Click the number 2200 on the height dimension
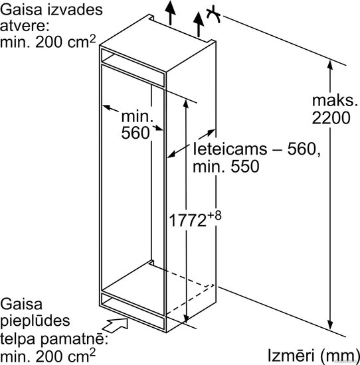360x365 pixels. (x=331, y=117)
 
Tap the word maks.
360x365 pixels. (x=335, y=101)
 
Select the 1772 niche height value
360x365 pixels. (x=187, y=220)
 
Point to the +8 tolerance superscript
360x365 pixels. (x=215, y=216)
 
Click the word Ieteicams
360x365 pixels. (x=230, y=149)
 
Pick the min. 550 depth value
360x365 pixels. (x=226, y=166)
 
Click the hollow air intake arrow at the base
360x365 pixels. (x=116, y=325)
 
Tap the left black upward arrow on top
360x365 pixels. (x=171, y=13)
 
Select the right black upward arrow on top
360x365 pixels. (x=199, y=25)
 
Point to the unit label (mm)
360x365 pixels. (x=339, y=356)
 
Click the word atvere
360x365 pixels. (x=25, y=26)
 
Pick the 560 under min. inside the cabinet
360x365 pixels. (x=135, y=133)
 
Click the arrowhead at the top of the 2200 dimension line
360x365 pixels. (x=329, y=65)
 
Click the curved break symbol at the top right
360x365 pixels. (x=213, y=15)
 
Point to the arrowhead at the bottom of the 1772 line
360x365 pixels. (x=186, y=318)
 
